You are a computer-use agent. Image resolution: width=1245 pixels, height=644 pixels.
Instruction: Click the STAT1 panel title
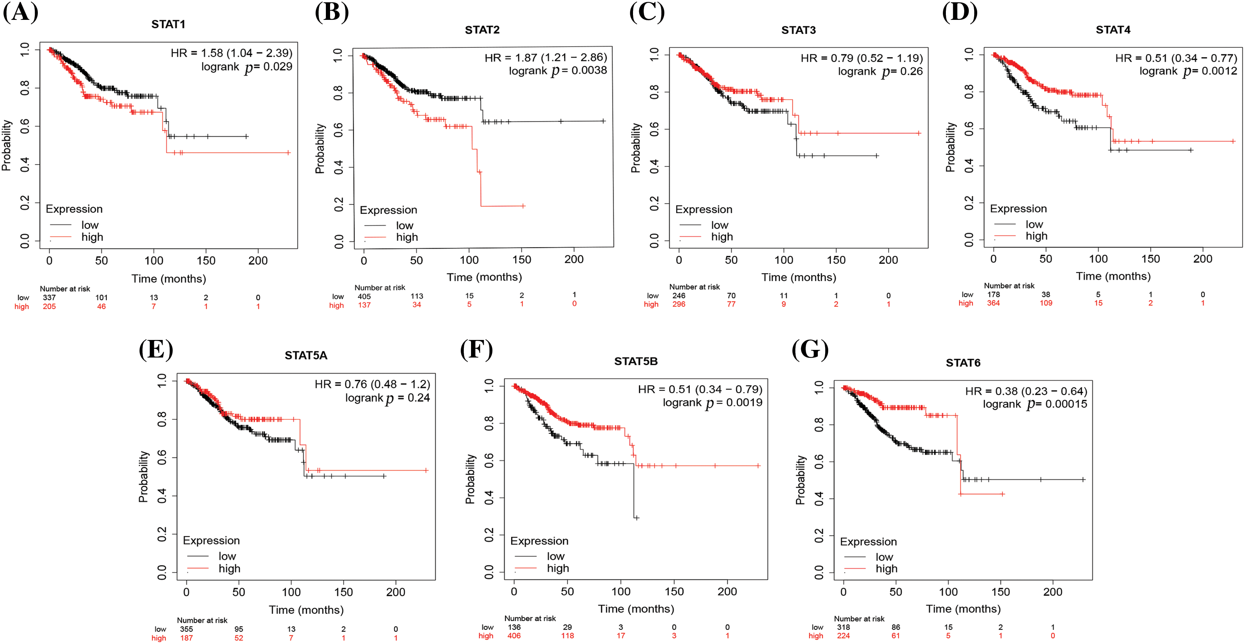click(168, 24)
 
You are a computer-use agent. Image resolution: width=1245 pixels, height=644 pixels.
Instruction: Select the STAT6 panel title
click(963, 363)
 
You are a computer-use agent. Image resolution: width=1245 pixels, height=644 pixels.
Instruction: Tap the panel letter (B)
click(332, 12)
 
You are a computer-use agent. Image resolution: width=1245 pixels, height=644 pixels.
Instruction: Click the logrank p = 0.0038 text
click(557, 71)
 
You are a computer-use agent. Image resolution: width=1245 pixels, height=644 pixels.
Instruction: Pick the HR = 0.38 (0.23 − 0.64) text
click(1026, 391)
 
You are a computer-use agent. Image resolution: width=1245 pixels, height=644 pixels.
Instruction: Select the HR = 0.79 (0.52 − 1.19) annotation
click(861, 58)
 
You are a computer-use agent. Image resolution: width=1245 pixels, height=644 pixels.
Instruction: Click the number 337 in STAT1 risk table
click(49, 298)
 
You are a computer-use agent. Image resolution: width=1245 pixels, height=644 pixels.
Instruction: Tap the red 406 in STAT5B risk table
click(514, 636)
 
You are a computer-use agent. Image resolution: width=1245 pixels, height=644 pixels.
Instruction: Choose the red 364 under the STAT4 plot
click(993, 303)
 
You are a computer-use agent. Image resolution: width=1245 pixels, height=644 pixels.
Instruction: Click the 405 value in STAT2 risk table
click(364, 296)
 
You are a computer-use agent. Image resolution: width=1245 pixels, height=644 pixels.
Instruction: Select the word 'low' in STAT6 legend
click(884, 557)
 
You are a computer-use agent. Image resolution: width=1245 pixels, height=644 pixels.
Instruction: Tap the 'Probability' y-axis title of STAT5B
click(470, 479)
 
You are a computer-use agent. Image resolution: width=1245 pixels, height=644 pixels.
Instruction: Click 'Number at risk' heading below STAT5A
click(202, 620)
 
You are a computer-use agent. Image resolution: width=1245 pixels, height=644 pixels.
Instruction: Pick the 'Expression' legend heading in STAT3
click(704, 209)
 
